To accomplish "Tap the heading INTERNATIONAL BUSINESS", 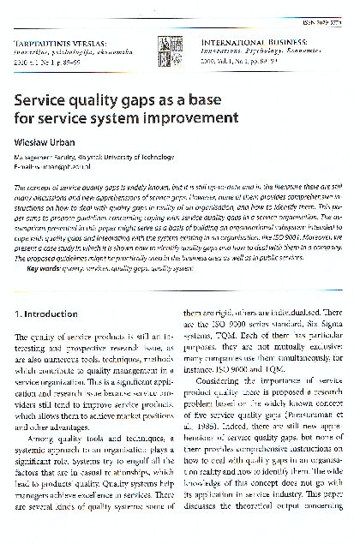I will pyautogui.click(x=245, y=40).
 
